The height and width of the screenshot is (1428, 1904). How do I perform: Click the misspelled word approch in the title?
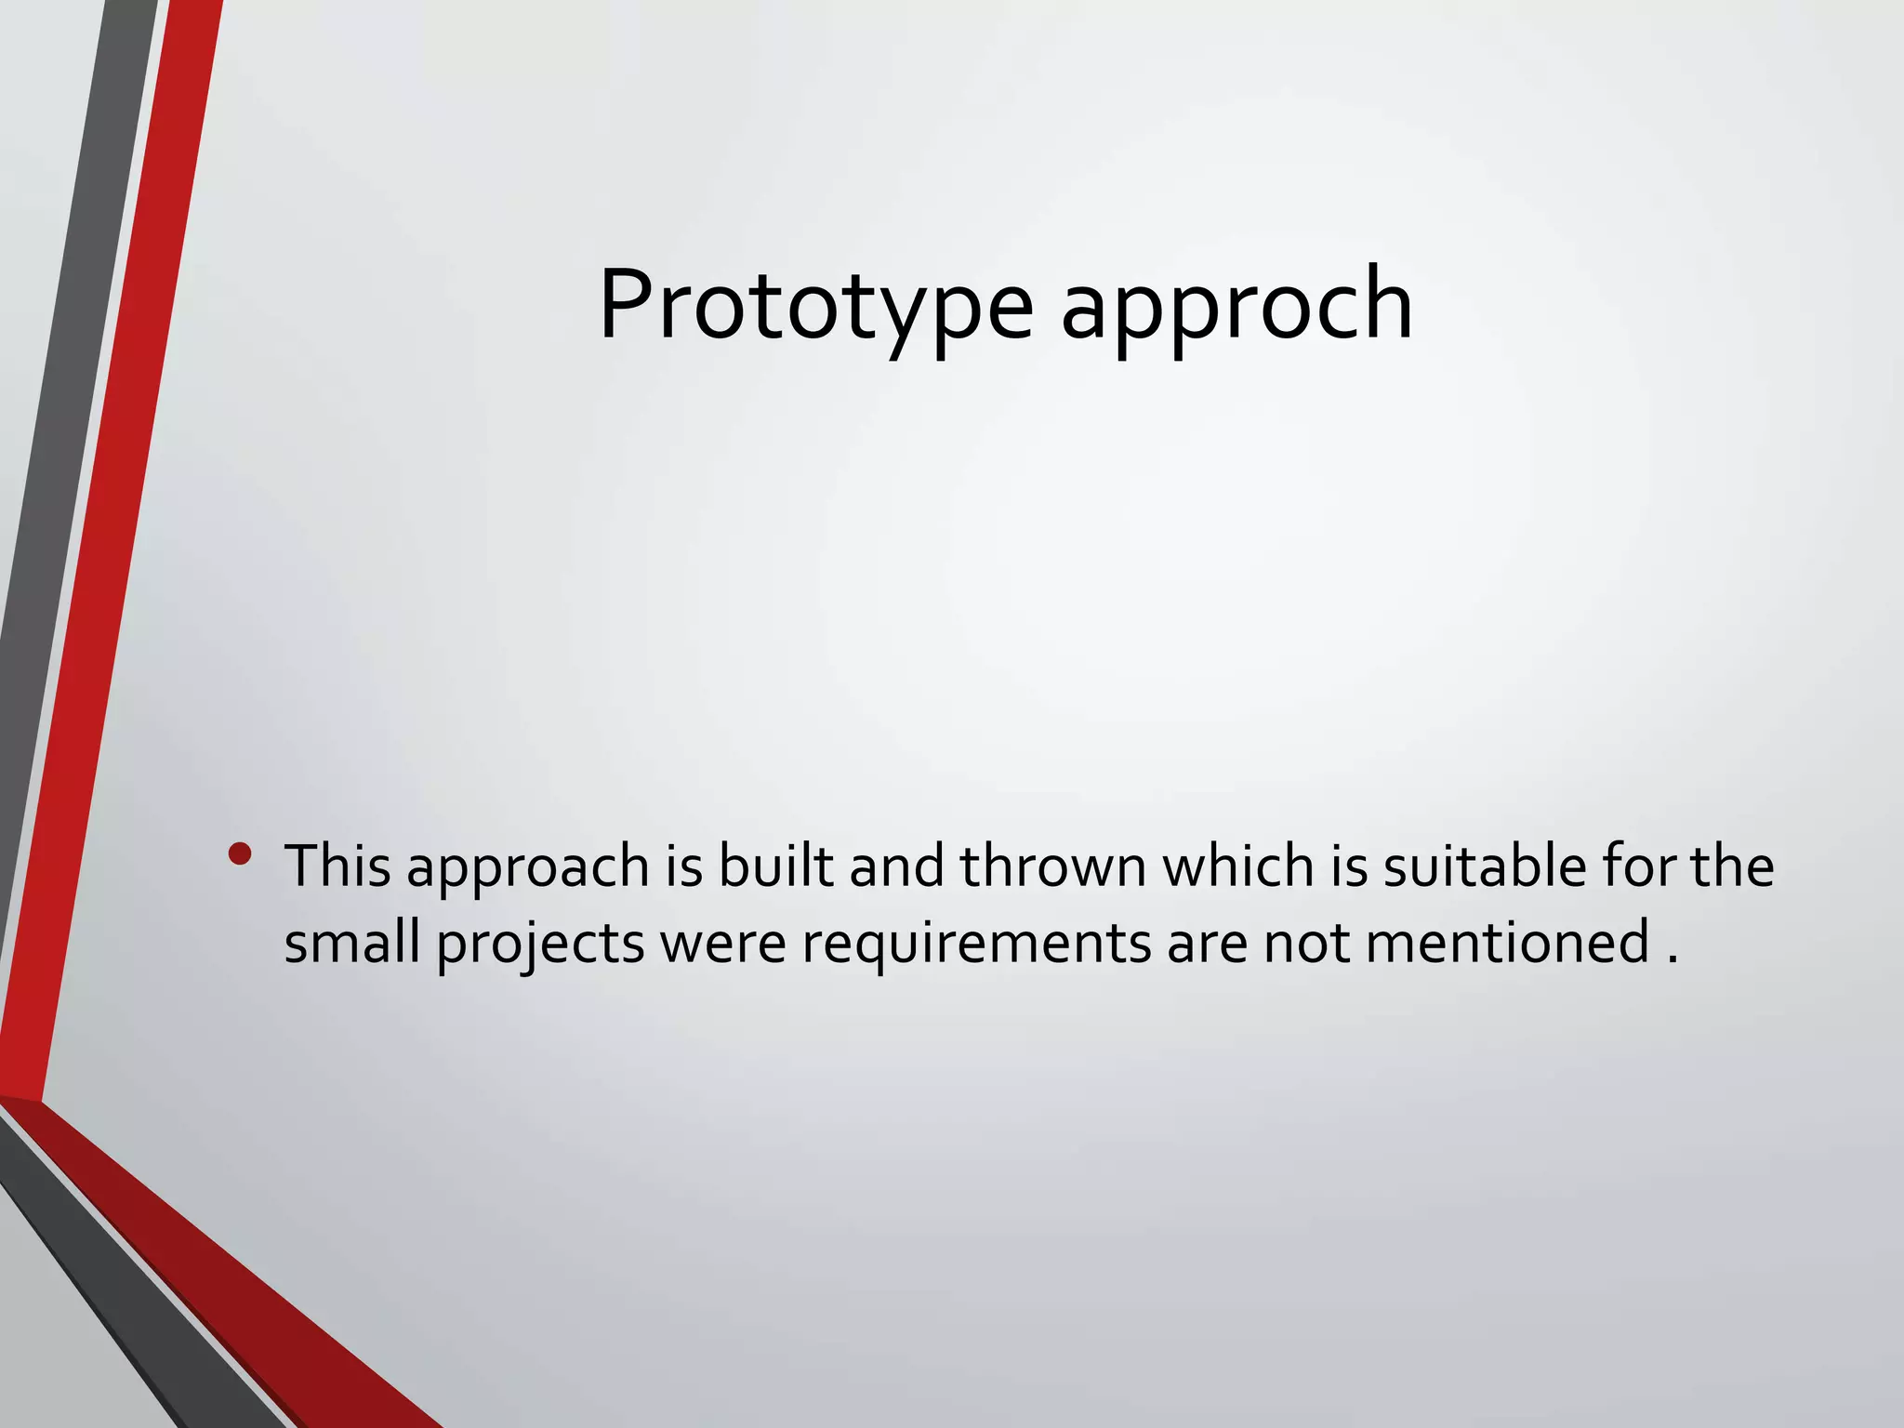coord(1236,307)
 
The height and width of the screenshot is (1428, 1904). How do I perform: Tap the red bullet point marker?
coord(240,853)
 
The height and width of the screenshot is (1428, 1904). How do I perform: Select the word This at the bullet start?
coord(337,866)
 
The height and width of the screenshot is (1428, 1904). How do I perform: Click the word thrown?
coord(1053,866)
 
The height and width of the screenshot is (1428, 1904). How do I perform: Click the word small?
coord(351,943)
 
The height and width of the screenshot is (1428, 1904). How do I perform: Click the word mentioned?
coord(1508,943)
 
